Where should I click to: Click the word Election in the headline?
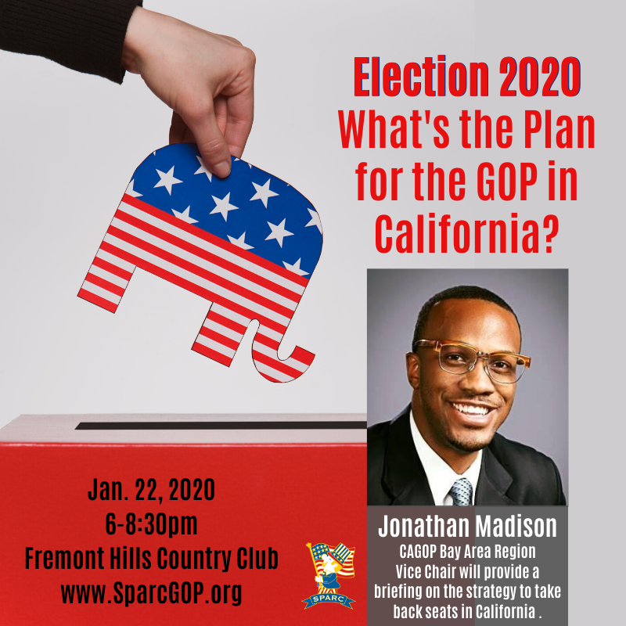(421, 77)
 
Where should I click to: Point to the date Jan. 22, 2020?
(151, 490)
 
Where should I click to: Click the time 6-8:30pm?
(151, 523)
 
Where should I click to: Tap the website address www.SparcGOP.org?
(151, 592)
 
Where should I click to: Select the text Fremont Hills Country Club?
(151, 558)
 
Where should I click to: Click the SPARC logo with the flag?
(329, 576)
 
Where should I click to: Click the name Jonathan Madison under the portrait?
(467, 526)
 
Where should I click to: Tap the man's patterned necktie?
(461, 491)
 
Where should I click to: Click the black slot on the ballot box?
(221, 425)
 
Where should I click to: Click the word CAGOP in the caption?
(418, 552)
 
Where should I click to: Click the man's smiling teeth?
(473, 409)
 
